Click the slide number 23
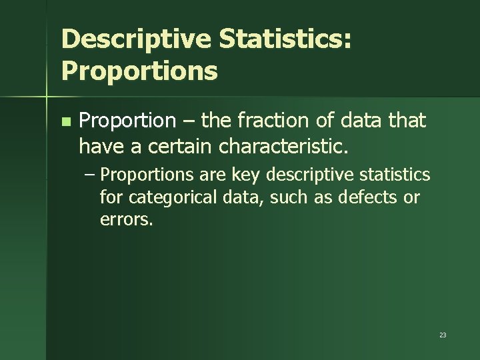click(x=443, y=335)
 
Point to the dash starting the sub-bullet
click(x=90, y=175)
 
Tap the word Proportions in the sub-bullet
click(x=148, y=175)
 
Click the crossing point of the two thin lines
click(x=47, y=97)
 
